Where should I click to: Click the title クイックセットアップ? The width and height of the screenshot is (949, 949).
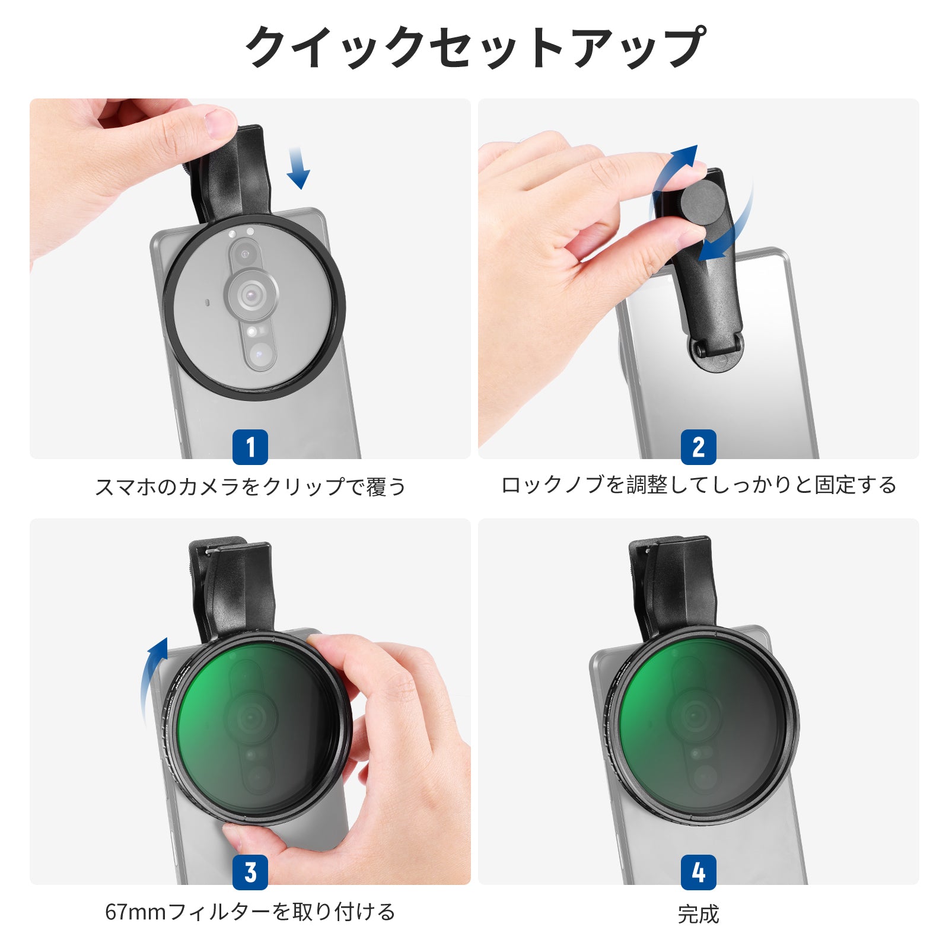click(x=475, y=47)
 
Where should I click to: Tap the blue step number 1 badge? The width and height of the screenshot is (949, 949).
click(x=250, y=447)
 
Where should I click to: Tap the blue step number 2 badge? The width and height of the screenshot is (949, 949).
click(x=699, y=447)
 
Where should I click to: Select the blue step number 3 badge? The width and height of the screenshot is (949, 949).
click(x=250, y=872)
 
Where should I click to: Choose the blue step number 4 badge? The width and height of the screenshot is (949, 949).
click(x=699, y=872)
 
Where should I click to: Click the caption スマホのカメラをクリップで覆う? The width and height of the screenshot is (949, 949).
click(x=250, y=487)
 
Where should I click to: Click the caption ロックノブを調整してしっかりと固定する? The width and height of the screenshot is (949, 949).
click(x=699, y=485)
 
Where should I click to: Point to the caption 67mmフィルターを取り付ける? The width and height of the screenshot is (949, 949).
click(x=250, y=912)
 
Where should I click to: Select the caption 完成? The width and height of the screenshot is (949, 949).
click(x=699, y=914)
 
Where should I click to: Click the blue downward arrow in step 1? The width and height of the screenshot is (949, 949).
click(x=298, y=168)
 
